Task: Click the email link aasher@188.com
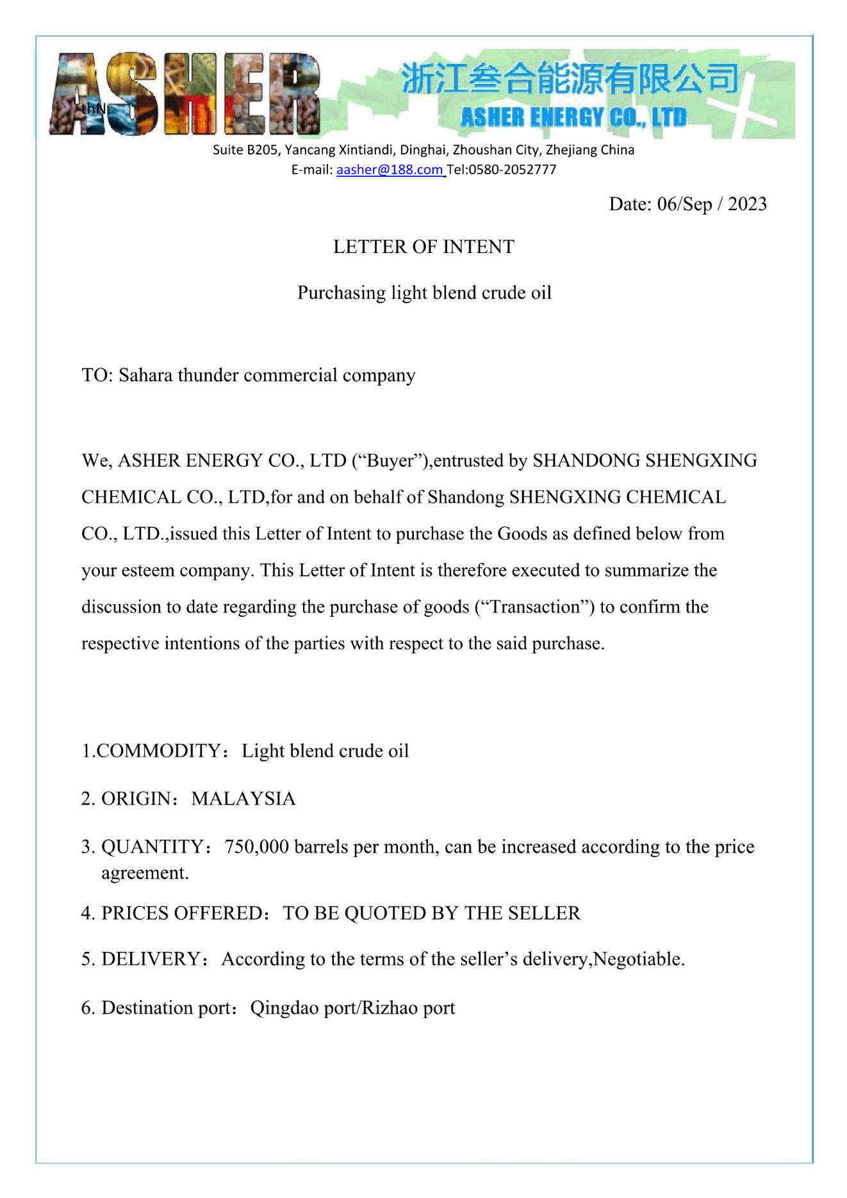390,170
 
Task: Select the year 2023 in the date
747,204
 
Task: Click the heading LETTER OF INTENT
423,247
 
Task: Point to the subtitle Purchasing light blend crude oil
424,293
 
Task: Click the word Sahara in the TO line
145,375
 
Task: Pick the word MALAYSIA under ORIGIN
243,799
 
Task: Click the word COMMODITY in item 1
159,751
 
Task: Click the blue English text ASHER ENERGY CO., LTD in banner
573,118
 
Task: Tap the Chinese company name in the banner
570,79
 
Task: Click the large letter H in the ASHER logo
191,94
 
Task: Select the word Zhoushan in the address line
481,151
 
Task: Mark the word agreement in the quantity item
144,873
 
